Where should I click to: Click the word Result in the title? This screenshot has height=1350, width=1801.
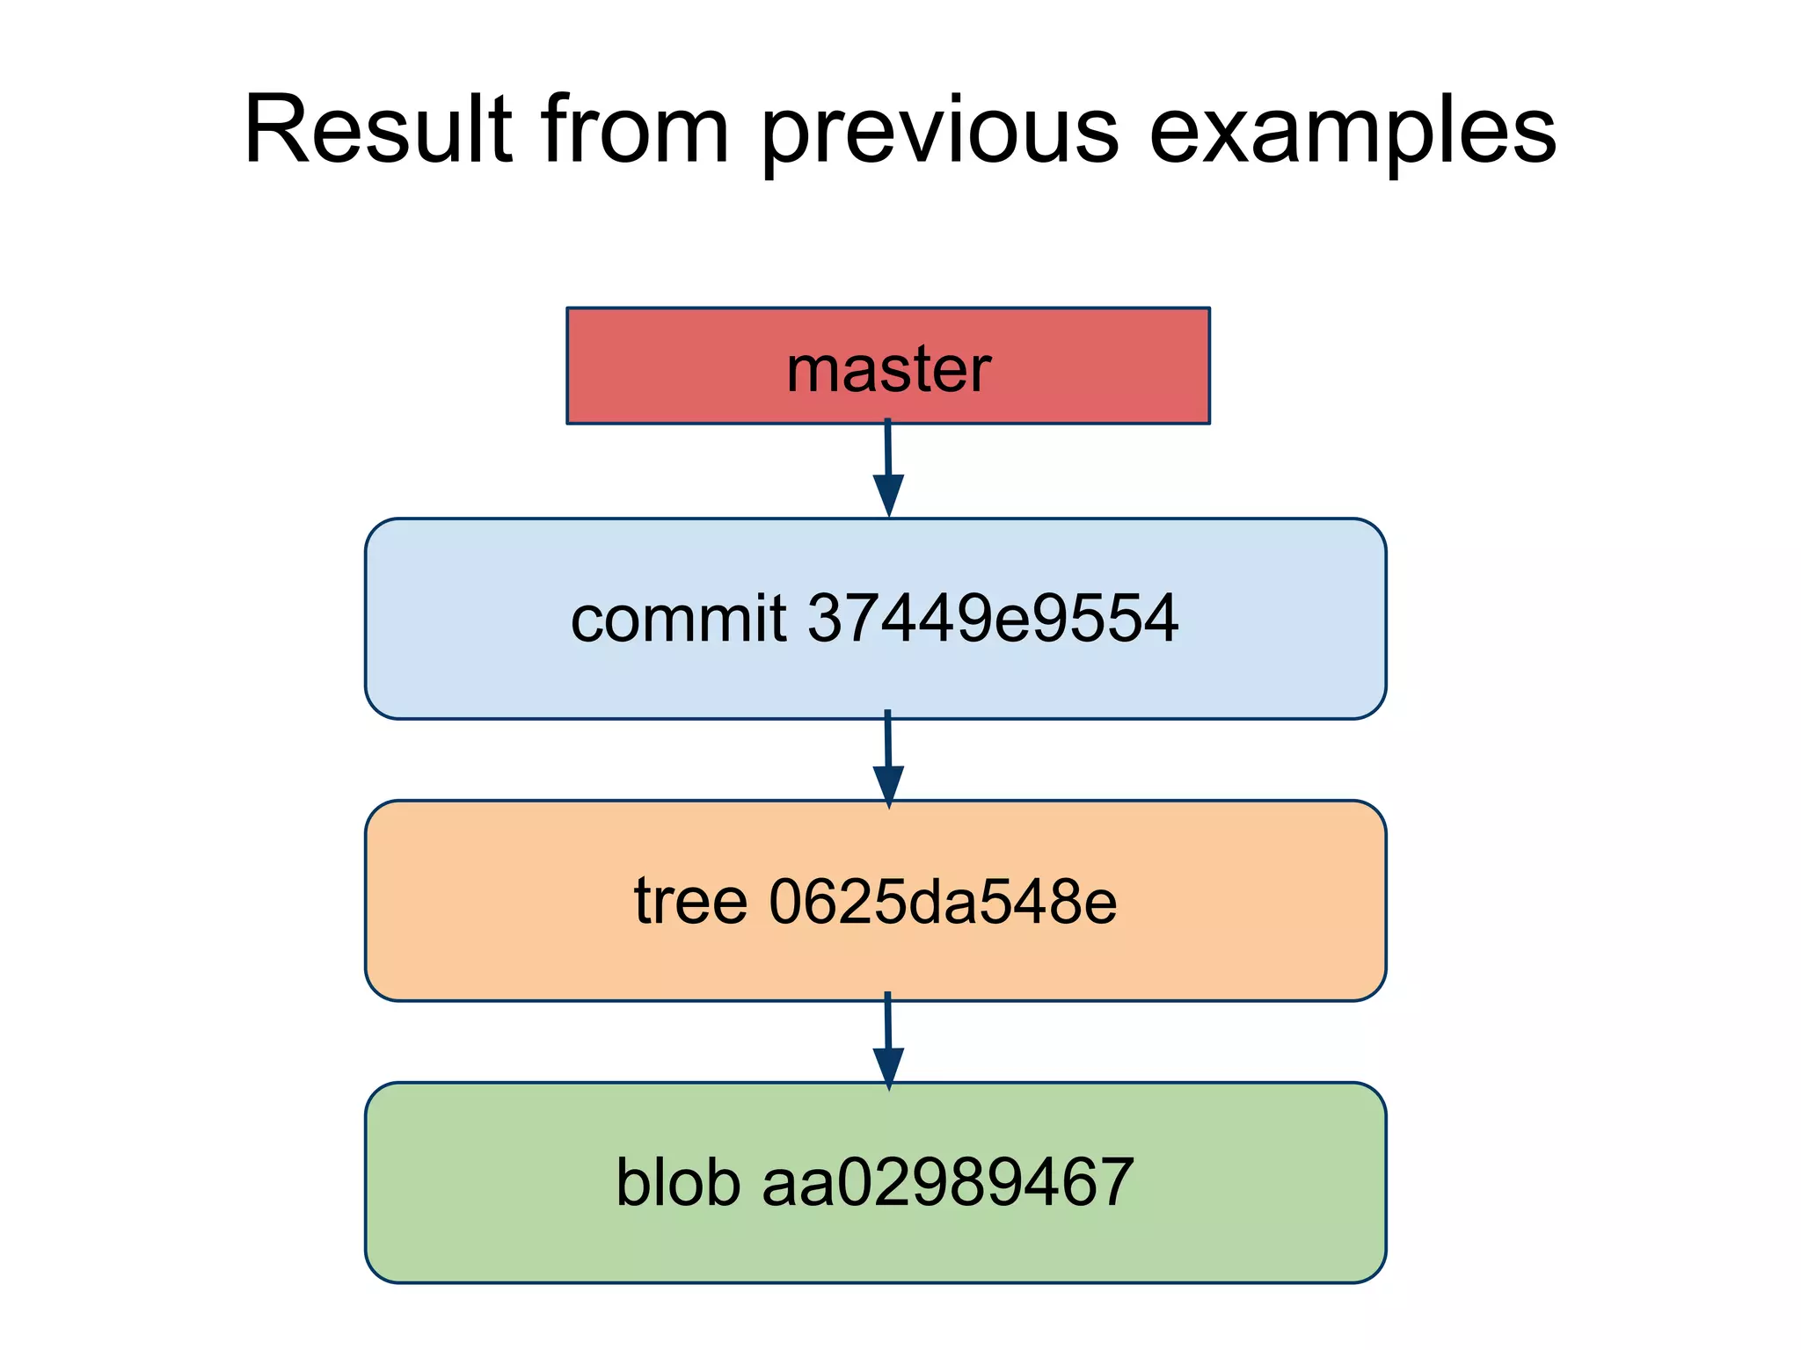[x=378, y=130]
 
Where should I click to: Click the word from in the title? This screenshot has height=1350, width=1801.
[x=635, y=130]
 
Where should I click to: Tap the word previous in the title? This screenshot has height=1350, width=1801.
[x=939, y=132]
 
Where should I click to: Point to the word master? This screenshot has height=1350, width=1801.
[x=888, y=369]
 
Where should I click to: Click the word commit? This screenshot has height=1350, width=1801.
[x=678, y=619]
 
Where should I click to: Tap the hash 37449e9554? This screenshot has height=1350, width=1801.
[x=992, y=619]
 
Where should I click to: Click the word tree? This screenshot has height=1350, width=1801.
[x=690, y=902]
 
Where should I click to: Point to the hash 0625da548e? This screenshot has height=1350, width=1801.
[x=943, y=902]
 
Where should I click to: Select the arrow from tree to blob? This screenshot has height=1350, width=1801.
[x=888, y=1037]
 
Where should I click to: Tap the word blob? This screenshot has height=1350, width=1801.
[x=678, y=1183]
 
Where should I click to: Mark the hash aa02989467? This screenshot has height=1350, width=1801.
[x=947, y=1183]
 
